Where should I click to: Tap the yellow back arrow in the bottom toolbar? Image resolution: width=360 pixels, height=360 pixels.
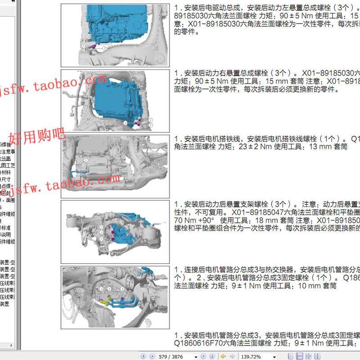[x=222, y=356]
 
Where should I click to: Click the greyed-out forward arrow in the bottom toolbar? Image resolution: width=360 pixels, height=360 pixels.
[x=231, y=356]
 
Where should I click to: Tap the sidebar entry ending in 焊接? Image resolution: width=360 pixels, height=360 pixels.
[x=6, y=144]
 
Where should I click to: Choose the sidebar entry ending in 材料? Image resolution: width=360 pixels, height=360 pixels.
[x=6, y=172]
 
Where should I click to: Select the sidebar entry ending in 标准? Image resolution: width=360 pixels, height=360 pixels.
[x=6, y=228]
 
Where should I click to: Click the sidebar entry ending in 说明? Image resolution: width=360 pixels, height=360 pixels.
[x=6, y=234]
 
